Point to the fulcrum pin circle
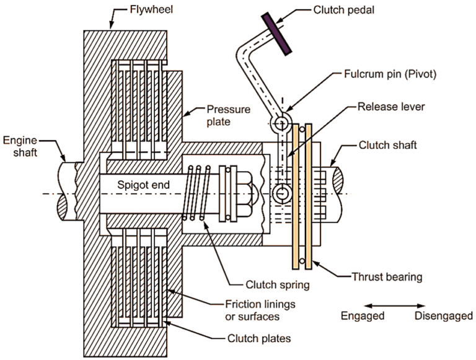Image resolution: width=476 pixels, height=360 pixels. point(282,118)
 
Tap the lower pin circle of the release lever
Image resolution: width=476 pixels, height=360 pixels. point(282,194)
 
